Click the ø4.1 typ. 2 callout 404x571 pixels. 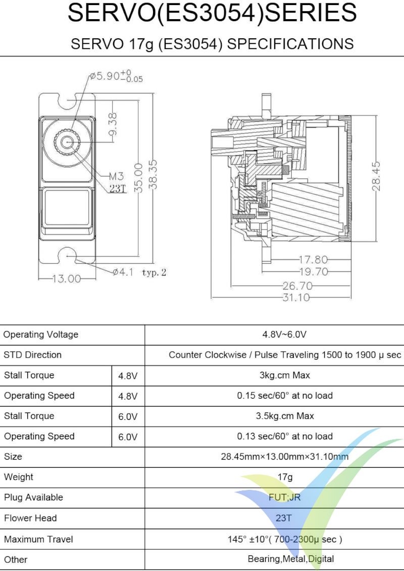[139, 272]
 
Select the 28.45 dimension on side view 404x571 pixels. [377, 176]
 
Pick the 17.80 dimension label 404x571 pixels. [313, 260]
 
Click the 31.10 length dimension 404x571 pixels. [296, 298]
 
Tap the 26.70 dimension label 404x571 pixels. [300, 285]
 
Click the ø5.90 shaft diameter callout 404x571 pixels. [116, 77]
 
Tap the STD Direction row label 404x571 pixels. [32, 355]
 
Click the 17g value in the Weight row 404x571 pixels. [284, 477]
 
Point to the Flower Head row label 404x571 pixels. [30, 518]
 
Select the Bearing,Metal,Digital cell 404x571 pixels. [290, 559]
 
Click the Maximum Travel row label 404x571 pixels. [38, 539]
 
